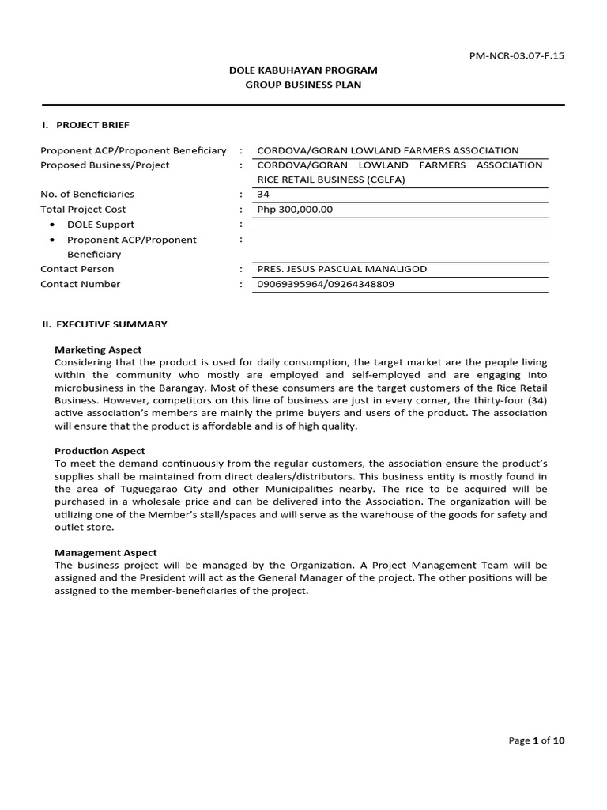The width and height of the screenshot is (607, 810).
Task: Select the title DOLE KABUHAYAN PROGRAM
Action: (x=303, y=70)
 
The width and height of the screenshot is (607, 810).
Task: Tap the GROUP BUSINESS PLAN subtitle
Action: (x=303, y=85)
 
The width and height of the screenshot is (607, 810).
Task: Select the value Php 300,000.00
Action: (x=295, y=210)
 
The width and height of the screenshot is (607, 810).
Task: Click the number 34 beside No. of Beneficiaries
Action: (x=263, y=195)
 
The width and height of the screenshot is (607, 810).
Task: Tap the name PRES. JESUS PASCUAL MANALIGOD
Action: (x=341, y=269)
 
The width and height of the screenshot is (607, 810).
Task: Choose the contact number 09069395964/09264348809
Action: (x=326, y=284)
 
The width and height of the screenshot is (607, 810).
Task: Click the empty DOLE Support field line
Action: (x=399, y=225)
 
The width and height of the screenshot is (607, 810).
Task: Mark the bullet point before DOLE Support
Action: (x=52, y=225)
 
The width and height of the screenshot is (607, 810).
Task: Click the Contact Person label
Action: (x=77, y=269)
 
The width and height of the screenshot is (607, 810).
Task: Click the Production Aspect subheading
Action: (x=100, y=451)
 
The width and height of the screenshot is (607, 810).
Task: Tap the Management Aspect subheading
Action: (x=105, y=553)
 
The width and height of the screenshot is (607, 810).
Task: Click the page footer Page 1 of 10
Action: (x=537, y=740)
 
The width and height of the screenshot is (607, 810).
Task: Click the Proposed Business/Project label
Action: (x=104, y=165)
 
